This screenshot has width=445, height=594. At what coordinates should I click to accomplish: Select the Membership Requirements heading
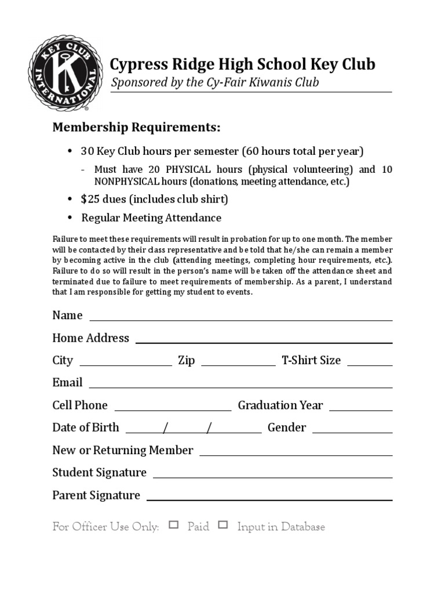tap(136, 128)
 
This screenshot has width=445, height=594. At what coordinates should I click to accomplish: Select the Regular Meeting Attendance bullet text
tap(151, 218)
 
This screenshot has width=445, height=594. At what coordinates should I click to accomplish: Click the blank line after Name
tap(240, 318)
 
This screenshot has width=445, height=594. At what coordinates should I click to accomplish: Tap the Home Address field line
tap(264, 342)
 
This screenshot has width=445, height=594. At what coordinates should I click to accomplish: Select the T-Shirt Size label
tap(311, 360)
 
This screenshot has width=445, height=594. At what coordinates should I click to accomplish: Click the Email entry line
tap(240, 386)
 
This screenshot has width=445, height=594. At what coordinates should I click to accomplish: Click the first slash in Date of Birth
tap(166, 428)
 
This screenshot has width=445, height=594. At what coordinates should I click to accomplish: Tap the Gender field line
tap(352, 432)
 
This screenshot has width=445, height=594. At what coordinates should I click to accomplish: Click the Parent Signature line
tap(269, 499)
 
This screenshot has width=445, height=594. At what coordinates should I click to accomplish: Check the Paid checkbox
tap(174, 526)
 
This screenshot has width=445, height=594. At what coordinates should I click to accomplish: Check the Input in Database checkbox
tap(223, 526)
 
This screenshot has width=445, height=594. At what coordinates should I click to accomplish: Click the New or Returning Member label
tap(123, 450)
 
